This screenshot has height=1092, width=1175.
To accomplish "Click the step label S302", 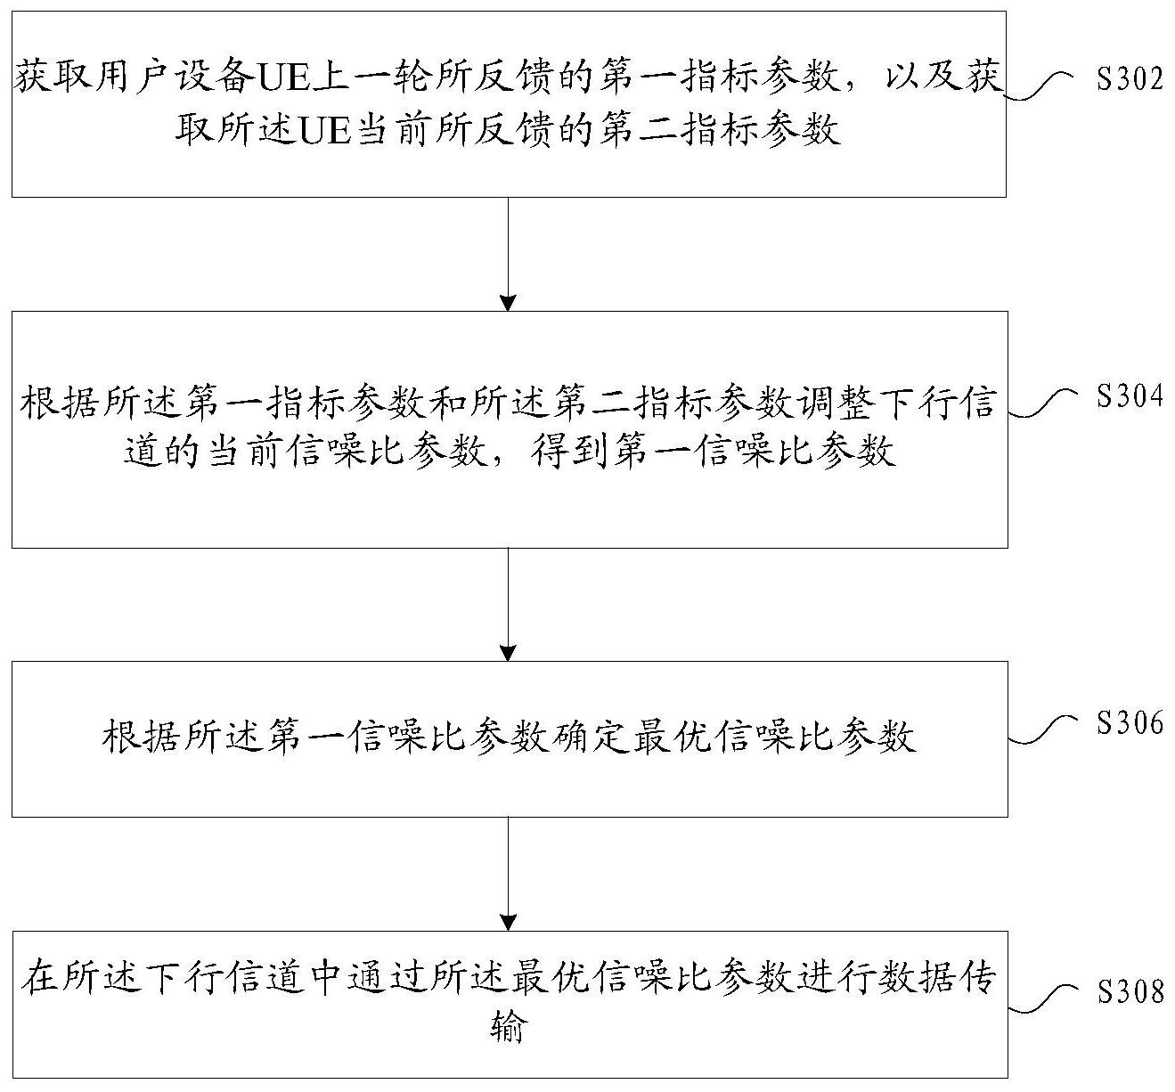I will click(x=1129, y=80).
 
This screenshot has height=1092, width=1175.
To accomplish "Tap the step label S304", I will click(x=1129, y=396).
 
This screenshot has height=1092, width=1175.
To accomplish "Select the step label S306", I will click(x=1129, y=723).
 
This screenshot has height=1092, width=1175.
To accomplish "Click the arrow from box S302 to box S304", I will click(x=508, y=254).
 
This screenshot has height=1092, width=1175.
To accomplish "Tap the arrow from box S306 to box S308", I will click(x=508, y=874).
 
